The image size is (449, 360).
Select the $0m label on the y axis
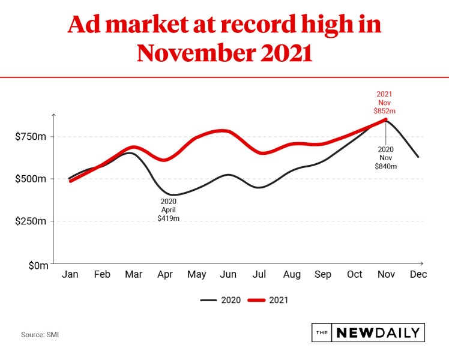coord(37,264)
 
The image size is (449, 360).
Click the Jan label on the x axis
coord(70,275)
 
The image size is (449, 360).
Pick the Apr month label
coord(165,275)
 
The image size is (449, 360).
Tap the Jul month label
coord(259,275)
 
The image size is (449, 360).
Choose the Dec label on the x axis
coord(418,275)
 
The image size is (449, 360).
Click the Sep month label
coord(323,275)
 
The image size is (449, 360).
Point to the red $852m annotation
coord(385,111)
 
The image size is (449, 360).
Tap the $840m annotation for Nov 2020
coord(385,166)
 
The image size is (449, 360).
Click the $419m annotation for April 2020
coord(169,218)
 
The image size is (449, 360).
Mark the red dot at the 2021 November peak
coord(385,120)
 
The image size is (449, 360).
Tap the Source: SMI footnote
coord(40,334)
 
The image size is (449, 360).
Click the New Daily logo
coord(368,332)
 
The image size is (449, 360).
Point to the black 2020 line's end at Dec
coord(418,157)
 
